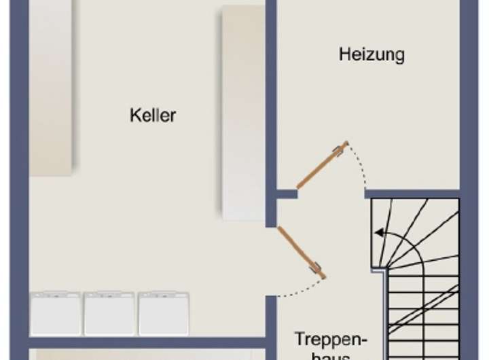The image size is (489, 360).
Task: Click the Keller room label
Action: (x=153, y=115)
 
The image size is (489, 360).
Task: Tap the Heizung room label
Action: (x=372, y=54)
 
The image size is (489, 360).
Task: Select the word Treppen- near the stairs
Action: (x=331, y=339)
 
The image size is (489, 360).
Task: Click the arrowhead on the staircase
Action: (x=378, y=233)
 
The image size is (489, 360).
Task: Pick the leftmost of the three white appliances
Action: (x=55, y=313)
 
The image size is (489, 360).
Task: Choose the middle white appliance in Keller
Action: (x=109, y=313)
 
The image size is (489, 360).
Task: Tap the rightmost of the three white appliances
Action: (x=163, y=313)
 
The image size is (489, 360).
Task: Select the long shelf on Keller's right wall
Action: (x=243, y=112)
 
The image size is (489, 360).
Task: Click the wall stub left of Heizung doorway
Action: (x=287, y=194)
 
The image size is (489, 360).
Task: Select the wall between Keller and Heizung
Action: (x=271, y=102)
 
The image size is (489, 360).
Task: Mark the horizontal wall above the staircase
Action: (x=414, y=194)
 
